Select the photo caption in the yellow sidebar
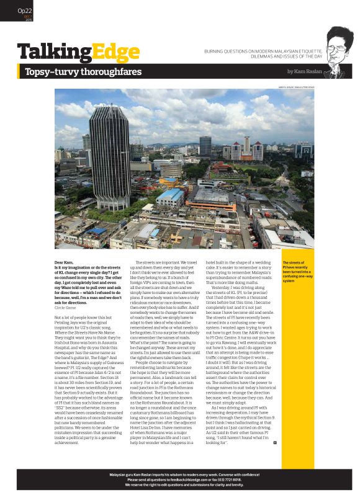298,272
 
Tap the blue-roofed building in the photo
170,197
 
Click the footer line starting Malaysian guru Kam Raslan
180,474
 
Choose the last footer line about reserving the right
180,484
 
